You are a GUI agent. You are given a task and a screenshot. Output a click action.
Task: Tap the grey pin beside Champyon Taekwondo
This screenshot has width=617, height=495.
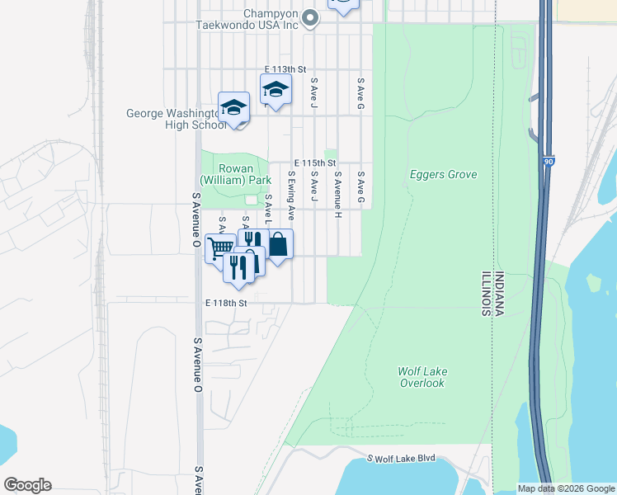310,17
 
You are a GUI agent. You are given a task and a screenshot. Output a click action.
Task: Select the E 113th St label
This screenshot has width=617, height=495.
285,69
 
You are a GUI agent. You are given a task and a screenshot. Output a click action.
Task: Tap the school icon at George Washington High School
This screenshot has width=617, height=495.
234,107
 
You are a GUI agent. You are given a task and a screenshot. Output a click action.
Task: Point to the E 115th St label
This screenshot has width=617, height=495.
314,163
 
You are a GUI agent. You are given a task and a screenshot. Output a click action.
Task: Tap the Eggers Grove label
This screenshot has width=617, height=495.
444,175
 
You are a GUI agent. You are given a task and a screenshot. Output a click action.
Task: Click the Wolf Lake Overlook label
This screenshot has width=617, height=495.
422,377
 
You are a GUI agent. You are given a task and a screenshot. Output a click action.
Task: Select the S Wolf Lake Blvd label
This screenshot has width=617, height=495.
401,458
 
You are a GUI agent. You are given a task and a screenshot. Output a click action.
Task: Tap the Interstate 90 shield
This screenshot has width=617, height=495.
549,164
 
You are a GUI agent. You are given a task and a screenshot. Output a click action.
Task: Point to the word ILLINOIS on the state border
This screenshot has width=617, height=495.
486,293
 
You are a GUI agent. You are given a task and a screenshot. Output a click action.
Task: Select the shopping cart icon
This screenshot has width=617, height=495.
219,247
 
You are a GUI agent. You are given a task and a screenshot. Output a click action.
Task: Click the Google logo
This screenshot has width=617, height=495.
27,485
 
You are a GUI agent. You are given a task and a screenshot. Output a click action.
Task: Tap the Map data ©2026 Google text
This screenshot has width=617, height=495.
565,488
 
